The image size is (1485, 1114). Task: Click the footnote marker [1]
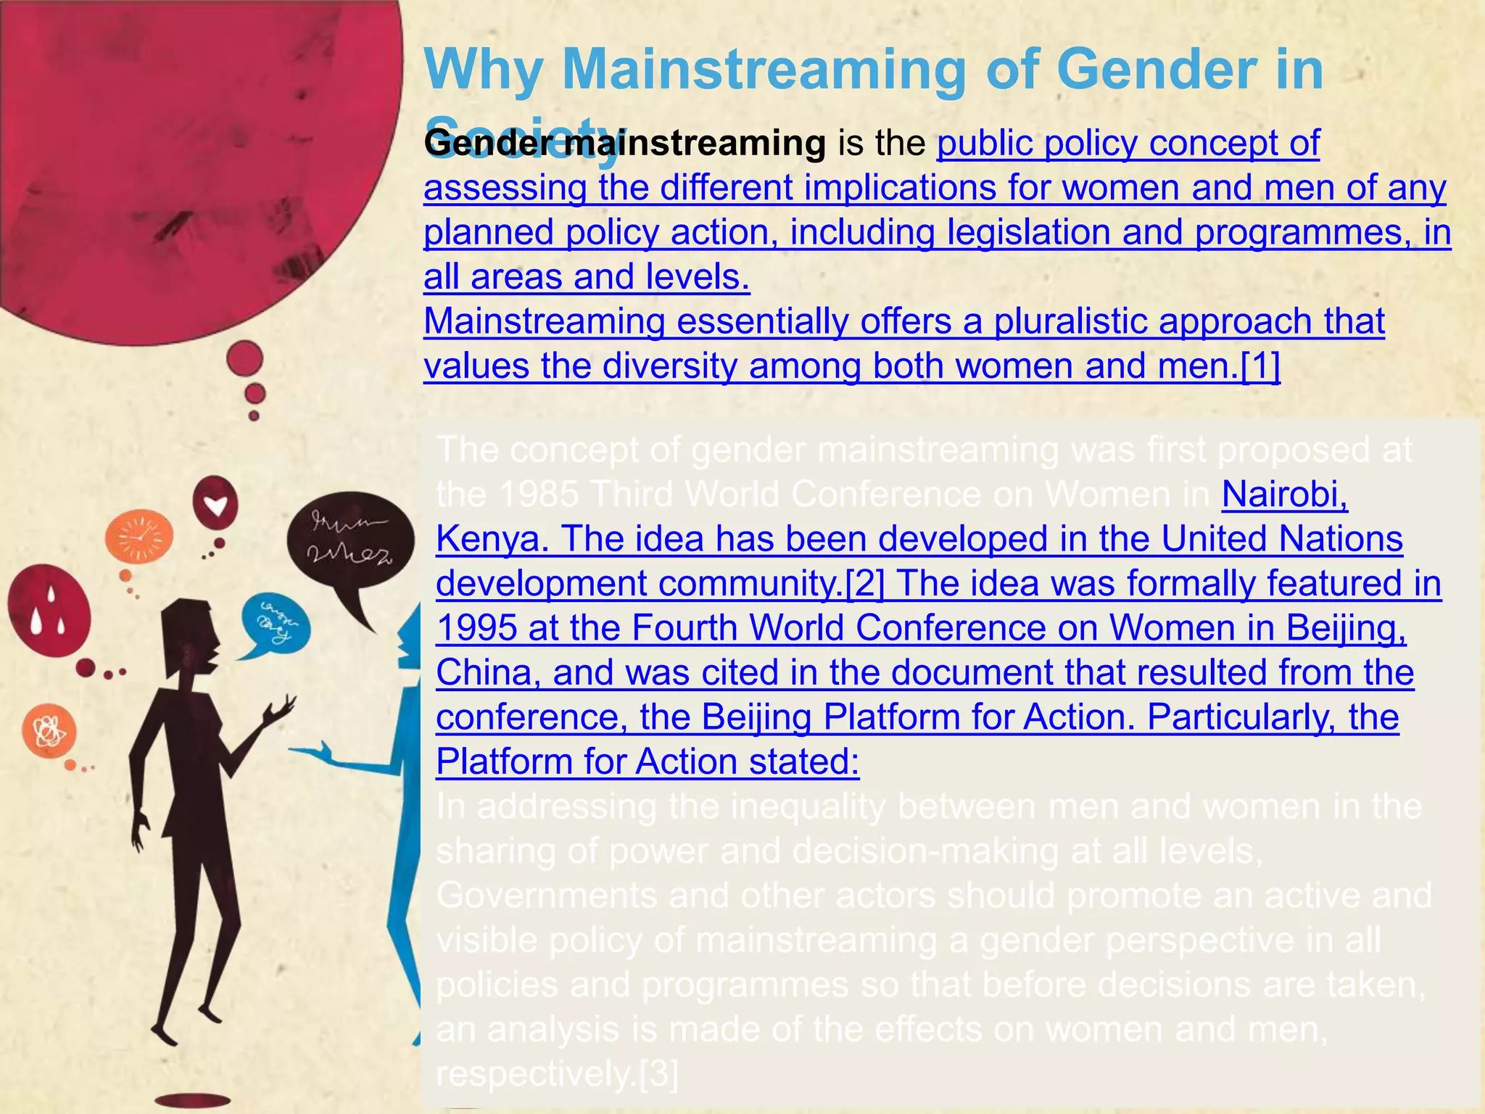(x=1260, y=366)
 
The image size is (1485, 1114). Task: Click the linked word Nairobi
(x=1283, y=495)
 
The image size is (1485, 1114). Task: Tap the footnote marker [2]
(x=865, y=584)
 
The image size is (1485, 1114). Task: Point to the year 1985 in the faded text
(x=538, y=495)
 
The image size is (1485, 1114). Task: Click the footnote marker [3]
(x=658, y=1074)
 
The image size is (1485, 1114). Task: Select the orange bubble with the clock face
(x=138, y=537)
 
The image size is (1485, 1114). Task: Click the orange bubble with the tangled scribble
(x=49, y=731)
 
